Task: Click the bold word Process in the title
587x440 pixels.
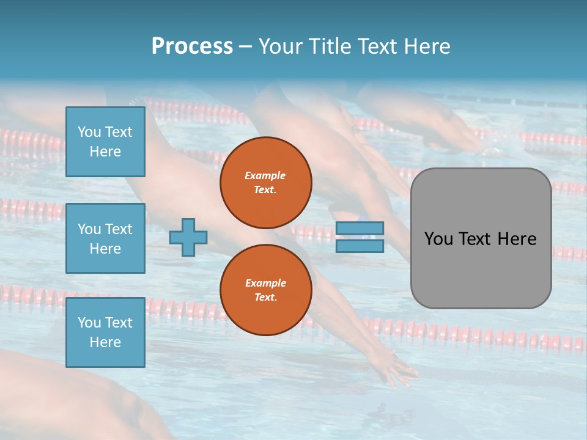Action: click(192, 46)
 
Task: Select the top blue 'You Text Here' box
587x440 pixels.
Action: click(105, 142)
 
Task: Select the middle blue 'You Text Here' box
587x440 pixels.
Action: click(105, 238)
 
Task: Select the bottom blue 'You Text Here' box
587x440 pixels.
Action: click(105, 332)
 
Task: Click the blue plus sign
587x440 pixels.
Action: click(188, 237)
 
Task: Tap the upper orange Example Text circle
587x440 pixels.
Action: click(265, 183)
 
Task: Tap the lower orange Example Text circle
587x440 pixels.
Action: click(265, 290)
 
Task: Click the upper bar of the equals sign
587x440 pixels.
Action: click(360, 229)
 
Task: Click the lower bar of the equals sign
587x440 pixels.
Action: click(360, 246)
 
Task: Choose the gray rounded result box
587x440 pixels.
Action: click(481, 269)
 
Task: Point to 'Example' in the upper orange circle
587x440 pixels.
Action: click(265, 175)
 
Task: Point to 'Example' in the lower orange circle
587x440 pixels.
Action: click(265, 283)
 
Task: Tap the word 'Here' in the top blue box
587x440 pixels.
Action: click(105, 152)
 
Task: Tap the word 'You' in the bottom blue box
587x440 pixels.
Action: click(89, 323)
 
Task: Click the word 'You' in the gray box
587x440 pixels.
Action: click(438, 239)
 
